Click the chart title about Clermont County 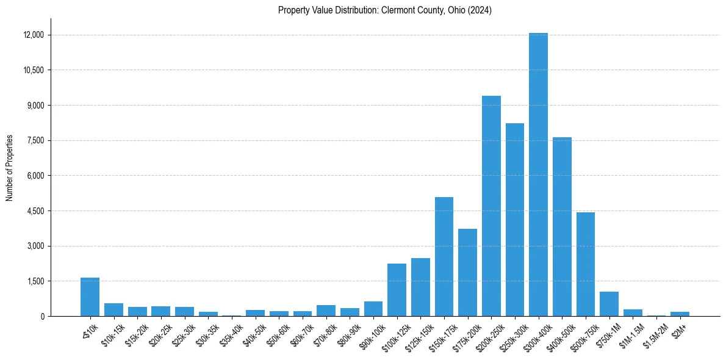click(385, 10)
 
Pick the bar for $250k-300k click(515, 220)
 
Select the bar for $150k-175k click(444, 257)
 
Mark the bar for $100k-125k click(397, 290)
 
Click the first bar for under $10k click(90, 297)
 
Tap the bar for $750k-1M click(609, 304)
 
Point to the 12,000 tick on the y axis click(34, 35)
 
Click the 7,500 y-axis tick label click(35, 140)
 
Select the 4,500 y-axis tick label click(35, 211)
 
